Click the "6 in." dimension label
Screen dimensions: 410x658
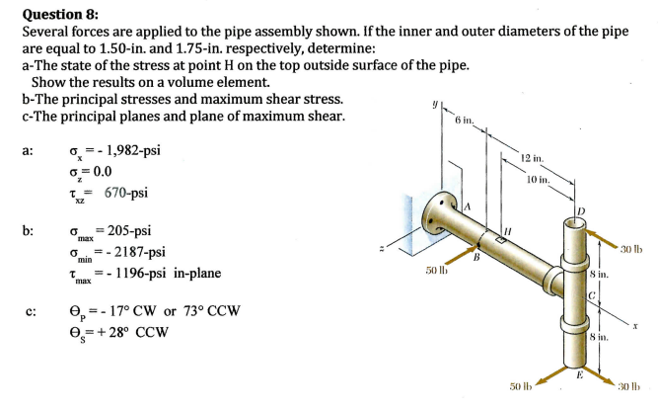466,121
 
